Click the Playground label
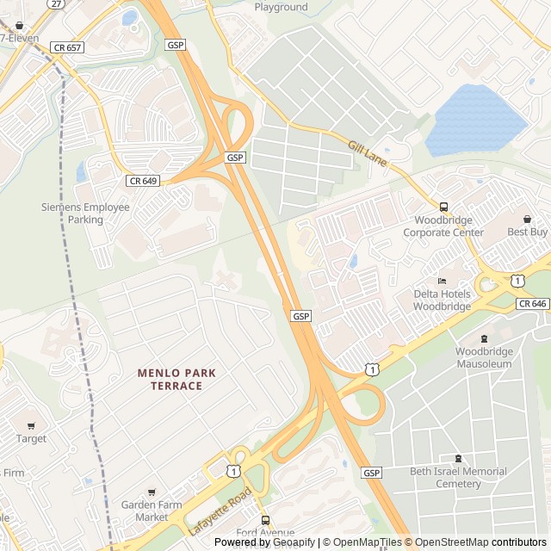pos(281,7)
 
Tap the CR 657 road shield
pos(66,47)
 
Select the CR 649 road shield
pos(143,181)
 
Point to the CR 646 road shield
pos(533,304)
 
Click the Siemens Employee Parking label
pos(85,213)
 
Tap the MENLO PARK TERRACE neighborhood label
pos(176,379)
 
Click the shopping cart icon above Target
pos(31,426)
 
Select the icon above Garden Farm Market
pos(152,492)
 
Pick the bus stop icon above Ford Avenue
pos(265,520)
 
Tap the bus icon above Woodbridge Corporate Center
pos(444,207)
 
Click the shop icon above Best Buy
pos(527,220)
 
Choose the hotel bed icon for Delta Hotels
pos(443,281)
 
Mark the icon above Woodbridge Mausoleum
pos(484,338)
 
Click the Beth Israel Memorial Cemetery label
pos(458,477)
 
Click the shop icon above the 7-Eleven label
pos(19,26)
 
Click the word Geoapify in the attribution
pos(295,542)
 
